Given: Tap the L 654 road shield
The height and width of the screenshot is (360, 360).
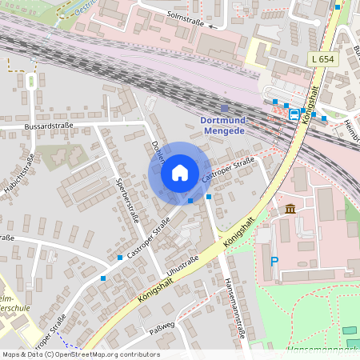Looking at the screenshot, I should click(x=322, y=59).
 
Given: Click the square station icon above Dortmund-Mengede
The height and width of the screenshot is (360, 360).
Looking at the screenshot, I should click(x=224, y=107).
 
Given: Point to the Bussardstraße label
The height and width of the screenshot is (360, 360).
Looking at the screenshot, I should click(x=50, y=126).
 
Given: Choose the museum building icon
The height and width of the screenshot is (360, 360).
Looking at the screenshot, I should click(x=289, y=210).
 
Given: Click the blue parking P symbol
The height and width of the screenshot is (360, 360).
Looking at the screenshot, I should click(x=274, y=261).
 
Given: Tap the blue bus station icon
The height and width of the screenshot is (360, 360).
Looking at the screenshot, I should click(x=294, y=114).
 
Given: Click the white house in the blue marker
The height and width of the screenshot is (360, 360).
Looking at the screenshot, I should click(x=180, y=173).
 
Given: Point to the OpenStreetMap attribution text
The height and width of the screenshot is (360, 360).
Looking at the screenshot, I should click(x=81, y=354).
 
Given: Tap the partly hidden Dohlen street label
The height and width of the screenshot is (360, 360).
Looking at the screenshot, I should click(x=156, y=148).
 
